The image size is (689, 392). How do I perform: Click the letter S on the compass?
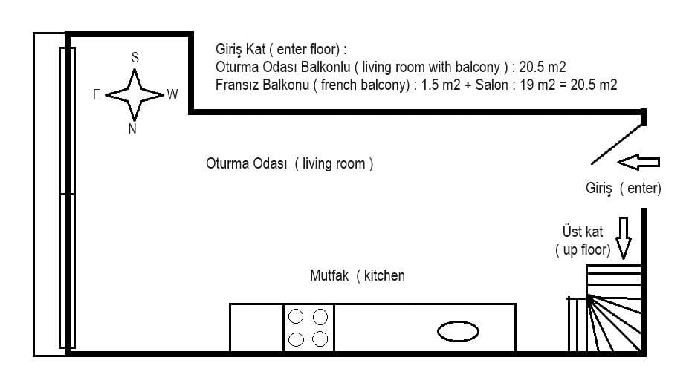[x=135, y=57]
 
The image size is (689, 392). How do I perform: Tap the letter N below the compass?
[x=132, y=128]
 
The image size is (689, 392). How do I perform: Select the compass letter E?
[x=97, y=94]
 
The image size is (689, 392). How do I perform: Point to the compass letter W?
[x=172, y=94]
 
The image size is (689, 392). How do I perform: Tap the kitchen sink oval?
[x=458, y=331]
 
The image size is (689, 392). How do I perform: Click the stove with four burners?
[x=308, y=327]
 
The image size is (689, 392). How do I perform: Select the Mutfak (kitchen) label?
[x=358, y=275]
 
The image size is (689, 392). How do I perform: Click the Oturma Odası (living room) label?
[x=290, y=164]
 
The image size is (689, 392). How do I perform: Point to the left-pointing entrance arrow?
[x=638, y=162]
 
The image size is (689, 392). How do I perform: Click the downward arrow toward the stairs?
[x=624, y=238]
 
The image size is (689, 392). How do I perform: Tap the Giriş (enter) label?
[x=623, y=189]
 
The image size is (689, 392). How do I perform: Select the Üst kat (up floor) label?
[x=583, y=241]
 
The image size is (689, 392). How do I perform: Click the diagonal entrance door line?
[x=617, y=145]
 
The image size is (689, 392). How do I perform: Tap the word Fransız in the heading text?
[x=240, y=85]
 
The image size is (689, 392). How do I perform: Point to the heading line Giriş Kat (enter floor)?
[x=281, y=49]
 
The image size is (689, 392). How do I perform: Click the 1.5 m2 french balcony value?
[x=441, y=85]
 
